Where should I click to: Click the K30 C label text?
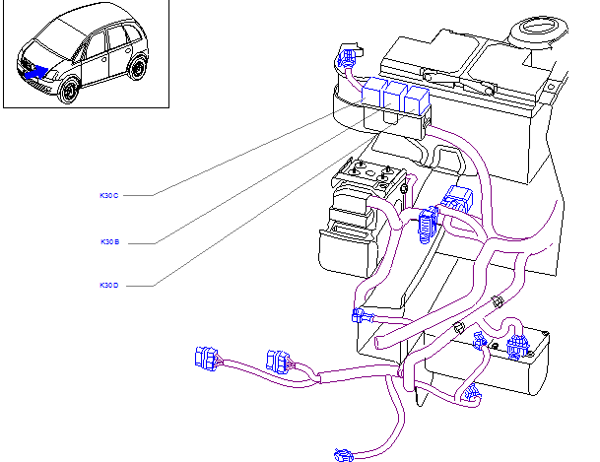click(x=108, y=196)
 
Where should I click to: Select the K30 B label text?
click(x=108, y=241)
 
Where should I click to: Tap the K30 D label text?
click(x=108, y=286)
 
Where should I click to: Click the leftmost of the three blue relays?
click(x=374, y=94)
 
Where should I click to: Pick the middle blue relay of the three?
click(x=396, y=97)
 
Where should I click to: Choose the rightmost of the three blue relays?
click(x=418, y=99)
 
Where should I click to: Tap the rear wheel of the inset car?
click(x=139, y=68)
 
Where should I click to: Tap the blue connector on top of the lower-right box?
click(x=515, y=345)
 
